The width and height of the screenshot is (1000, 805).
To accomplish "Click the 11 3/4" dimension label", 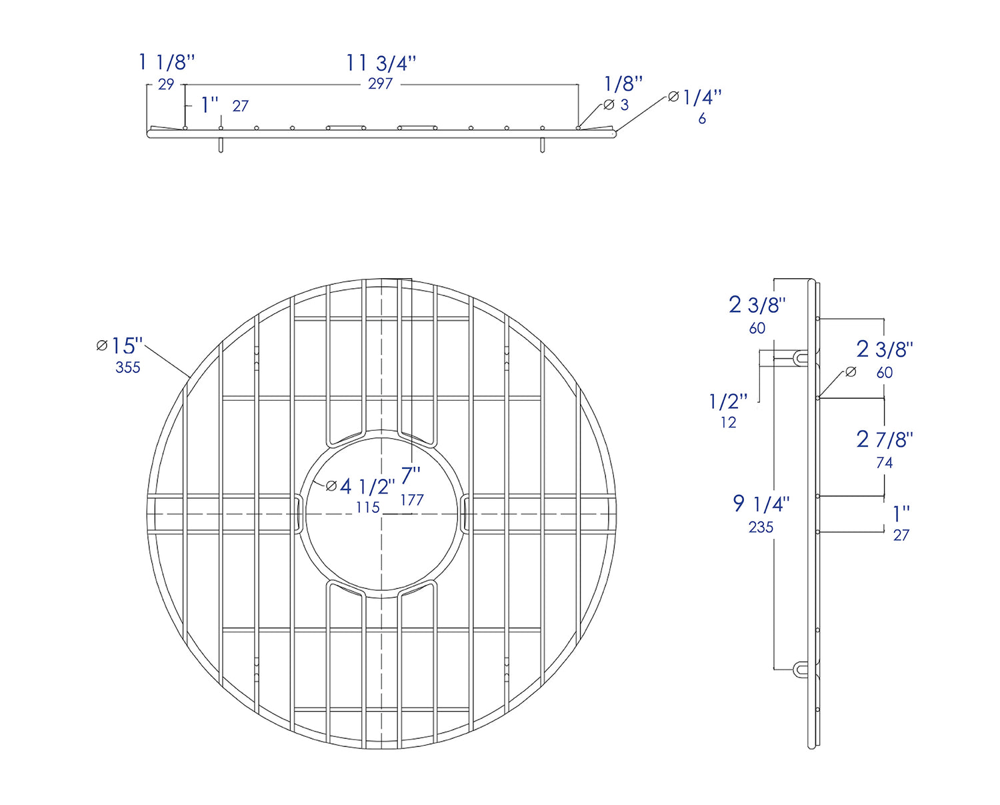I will pos(381,63).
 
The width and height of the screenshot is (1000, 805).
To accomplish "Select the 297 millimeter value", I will pos(380,84).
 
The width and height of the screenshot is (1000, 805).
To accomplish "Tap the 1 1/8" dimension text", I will pos(167,63).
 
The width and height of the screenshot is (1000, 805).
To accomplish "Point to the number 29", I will pos(166,85).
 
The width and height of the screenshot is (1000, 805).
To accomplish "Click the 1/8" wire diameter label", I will pos(623,84).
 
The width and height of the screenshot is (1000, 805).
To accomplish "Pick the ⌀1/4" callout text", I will pos(695,98).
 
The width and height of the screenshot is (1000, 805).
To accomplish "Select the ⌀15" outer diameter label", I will pos(120,345).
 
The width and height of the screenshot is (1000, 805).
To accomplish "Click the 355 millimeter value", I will pos(127,367).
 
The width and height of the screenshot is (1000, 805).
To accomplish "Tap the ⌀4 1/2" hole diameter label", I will pos(361,486).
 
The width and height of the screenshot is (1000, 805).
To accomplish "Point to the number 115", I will pos(367,508).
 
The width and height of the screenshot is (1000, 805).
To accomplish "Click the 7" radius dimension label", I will pos(411,476).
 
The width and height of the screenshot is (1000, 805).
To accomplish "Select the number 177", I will pos(412,500).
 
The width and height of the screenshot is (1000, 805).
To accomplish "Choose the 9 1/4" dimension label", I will pos(761,504).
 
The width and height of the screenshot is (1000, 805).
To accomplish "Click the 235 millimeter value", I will pos(761,528).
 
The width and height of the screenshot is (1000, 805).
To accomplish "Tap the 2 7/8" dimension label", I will pos(885,440).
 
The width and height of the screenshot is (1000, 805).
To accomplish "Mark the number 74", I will pos(884,463).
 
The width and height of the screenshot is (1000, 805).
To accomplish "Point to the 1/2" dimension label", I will pos(728,401).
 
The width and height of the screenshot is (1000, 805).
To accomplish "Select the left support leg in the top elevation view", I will pos(221,145).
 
